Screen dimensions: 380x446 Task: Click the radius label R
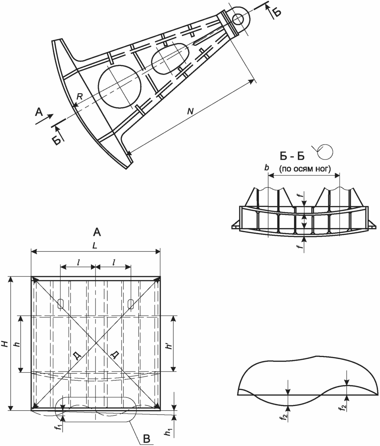(x=80, y=96)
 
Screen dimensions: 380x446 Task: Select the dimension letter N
(x=190, y=111)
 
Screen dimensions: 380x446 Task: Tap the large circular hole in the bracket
(x=120, y=87)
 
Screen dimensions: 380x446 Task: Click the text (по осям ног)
(x=305, y=169)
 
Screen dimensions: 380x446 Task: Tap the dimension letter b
(x=267, y=168)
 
